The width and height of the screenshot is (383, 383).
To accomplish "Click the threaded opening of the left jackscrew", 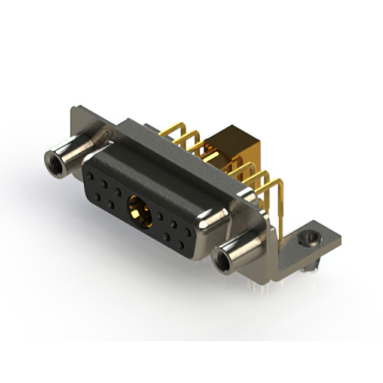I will pyautogui.click(x=53, y=160).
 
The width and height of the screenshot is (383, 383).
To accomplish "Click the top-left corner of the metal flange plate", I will pyautogui.click(x=73, y=110).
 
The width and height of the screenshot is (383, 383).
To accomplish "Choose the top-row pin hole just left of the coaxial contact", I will pyautogui.click(x=118, y=193).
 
